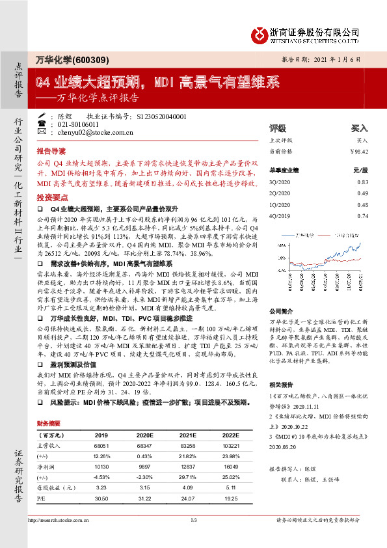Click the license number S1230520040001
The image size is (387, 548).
point(162,116)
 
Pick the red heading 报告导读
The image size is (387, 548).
point(51,149)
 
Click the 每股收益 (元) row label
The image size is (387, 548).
point(55,487)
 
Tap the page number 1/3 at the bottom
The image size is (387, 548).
point(193,538)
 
